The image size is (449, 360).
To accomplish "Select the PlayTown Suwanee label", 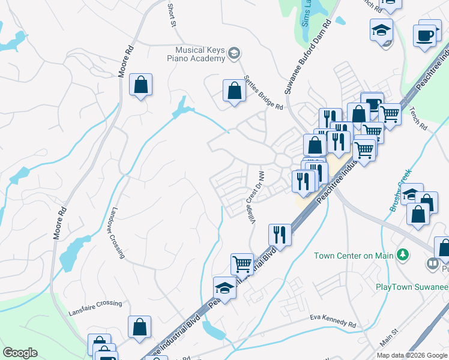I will (411, 287).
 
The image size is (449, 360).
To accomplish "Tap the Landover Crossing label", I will (118, 233).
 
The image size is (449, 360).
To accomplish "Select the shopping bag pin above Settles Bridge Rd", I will (234, 91).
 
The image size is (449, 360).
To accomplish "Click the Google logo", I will (20, 353).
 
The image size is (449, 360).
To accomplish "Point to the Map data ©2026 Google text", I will (411, 355).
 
